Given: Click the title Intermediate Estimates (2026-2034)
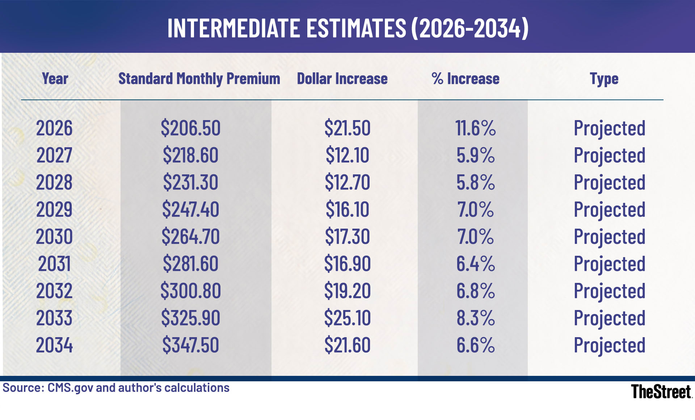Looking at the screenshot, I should [347, 28].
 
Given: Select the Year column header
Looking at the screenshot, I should [55, 79].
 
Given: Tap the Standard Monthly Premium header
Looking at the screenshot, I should [199, 79].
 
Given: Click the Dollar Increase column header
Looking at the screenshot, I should [342, 79].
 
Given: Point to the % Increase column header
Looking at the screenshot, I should [466, 79].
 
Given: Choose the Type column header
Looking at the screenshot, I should [604, 79].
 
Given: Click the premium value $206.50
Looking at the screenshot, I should [190, 128].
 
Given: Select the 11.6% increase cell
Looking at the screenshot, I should [475, 128].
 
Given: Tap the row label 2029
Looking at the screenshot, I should [54, 209].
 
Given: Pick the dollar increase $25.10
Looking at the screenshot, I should [347, 318].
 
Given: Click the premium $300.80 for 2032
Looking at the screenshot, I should [190, 291].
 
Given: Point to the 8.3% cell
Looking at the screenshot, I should [475, 318].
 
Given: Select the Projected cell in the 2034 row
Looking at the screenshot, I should [609, 345].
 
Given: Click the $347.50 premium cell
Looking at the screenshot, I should [190, 345].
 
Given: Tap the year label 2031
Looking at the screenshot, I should [54, 264].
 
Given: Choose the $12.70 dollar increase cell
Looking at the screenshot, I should [347, 182].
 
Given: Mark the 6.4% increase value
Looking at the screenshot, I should [475, 264].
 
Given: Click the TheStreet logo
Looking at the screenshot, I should [661, 392].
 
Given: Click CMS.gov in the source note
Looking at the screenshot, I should [70, 388].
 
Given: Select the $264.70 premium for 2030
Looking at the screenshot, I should [190, 237].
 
